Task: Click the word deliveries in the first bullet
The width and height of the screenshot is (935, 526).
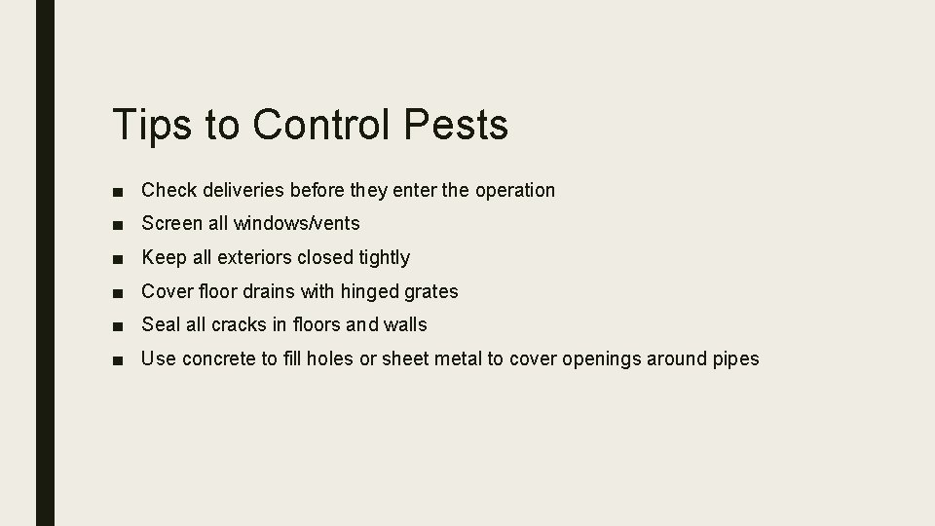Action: tap(242, 190)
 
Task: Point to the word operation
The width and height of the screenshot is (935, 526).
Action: tap(514, 190)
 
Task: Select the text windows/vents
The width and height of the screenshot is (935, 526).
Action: tap(300, 224)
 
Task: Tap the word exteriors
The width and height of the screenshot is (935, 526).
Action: tap(255, 258)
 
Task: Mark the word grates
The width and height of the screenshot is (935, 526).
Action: tap(433, 292)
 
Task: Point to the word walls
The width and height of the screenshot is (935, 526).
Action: tap(403, 325)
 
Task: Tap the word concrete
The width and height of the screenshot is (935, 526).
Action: tap(219, 359)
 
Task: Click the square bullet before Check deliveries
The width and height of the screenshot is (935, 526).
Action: tap(118, 191)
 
